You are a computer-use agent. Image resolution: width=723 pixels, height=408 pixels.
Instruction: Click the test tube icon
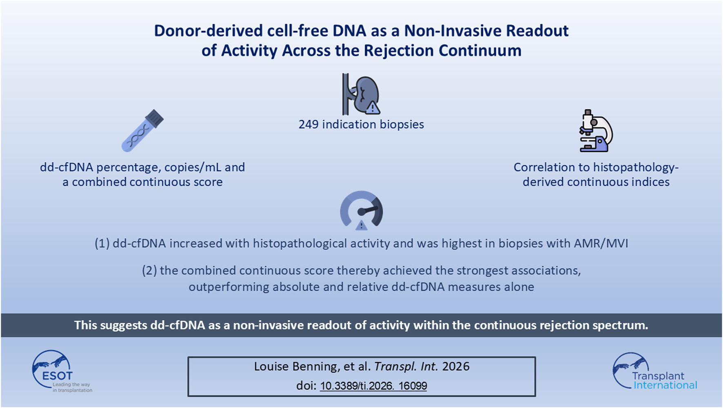[x=142, y=131]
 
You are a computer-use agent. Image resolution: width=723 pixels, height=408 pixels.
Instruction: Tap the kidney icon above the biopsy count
[x=361, y=94]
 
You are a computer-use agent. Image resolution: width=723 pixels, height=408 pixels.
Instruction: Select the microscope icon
[x=596, y=131]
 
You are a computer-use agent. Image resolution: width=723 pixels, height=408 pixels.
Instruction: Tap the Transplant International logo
[x=655, y=372]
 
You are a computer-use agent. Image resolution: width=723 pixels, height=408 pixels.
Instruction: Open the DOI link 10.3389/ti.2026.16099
[x=373, y=386]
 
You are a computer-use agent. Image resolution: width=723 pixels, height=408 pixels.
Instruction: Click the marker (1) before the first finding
[x=102, y=243]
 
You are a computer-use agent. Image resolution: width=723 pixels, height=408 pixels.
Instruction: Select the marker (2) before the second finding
[x=149, y=271]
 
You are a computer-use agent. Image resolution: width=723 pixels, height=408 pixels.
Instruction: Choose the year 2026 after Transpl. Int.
[x=456, y=367]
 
